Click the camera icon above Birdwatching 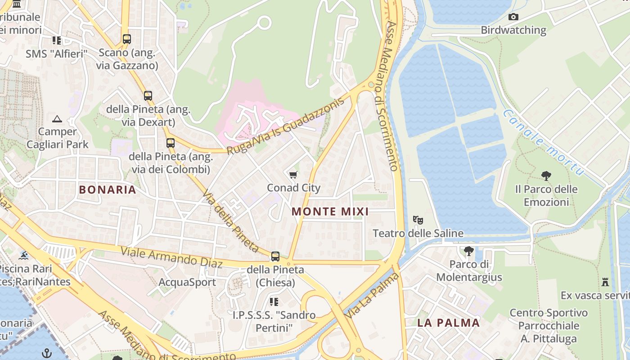(513, 17)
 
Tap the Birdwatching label (513, 30)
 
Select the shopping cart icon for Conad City (293, 175)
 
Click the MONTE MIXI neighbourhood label (330, 211)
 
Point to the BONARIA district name (108, 189)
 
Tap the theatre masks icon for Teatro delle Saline (418, 220)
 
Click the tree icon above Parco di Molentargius (468, 251)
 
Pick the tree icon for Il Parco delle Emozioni (546, 175)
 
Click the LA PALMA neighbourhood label (448, 323)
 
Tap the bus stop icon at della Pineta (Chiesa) (275, 256)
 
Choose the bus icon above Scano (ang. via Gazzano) (127, 39)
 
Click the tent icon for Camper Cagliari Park (57, 119)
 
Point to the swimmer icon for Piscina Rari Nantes (23, 256)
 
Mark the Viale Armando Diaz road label (171, 257)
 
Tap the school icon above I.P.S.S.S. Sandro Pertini (274, 301)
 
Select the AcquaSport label (187, 282)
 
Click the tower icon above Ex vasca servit (605, 282)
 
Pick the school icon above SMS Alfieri (57, 40)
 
